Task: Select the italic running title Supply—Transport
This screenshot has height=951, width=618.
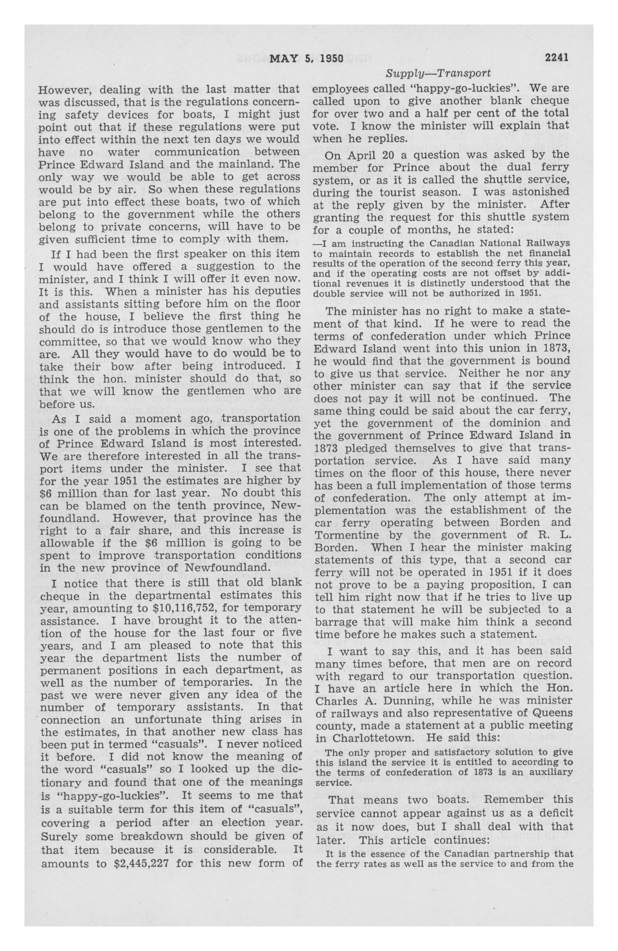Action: (438, 74)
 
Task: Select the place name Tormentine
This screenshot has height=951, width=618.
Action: (346, 535)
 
